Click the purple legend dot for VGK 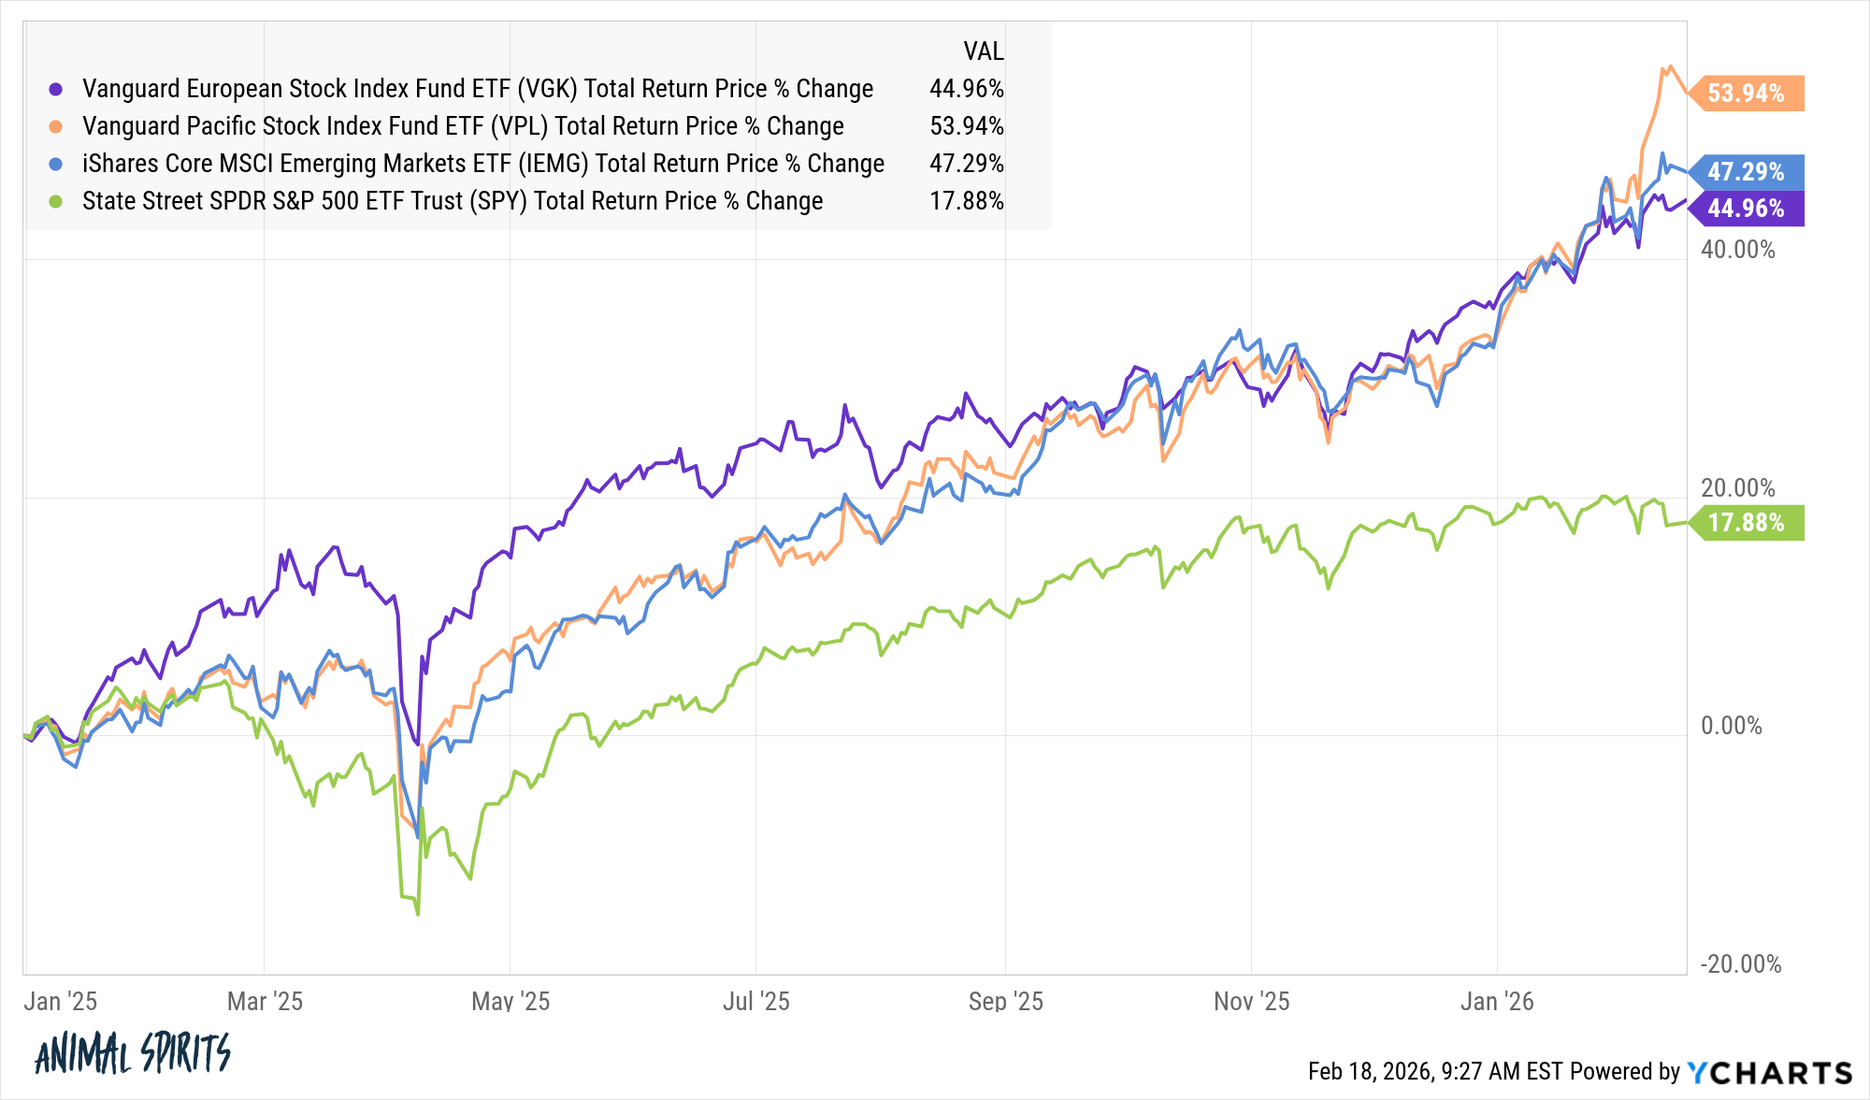(x=56, y=89)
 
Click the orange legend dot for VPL (x=56, y=126)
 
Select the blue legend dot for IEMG (x=56, y=164)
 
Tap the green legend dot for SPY (x=56, y=201)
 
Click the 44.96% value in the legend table (x=966, y=89)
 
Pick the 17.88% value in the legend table (x=966, y=201)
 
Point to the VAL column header (x=983, y=51)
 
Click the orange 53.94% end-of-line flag (x=1747, y=94)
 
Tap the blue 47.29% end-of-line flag (x=1747, y=172)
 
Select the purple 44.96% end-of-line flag (x=1747, y=208)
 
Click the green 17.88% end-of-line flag (x=1747, y=523)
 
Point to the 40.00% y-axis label (x=1737, y=250)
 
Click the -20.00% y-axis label (x=1740, y=964)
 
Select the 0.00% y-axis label (x=1731, y=726)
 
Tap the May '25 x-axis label (x=511, y=1002)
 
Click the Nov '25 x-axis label (x=1251, y=1002)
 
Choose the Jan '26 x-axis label (x=1497, y=1002)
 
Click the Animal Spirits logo (x=132, y=1054)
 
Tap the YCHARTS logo (x=1769, y=1072)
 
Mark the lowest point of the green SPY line (x=417, y=914)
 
